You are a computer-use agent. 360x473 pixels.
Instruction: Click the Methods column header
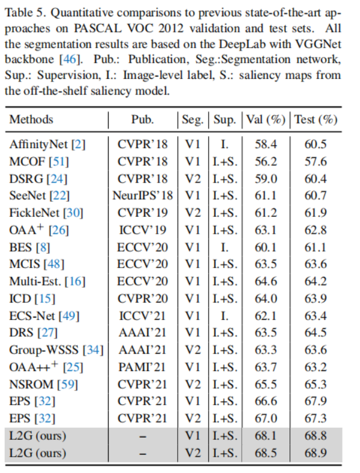(31, 119)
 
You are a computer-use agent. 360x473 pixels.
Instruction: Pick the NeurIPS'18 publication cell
(142, 195)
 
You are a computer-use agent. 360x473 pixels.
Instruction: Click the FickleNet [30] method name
(46, 212)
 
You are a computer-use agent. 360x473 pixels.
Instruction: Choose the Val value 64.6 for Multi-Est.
(265, 281)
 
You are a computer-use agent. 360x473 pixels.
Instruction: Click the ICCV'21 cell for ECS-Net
(142, 315)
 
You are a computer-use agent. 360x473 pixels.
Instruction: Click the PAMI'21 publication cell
(142, 366)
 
